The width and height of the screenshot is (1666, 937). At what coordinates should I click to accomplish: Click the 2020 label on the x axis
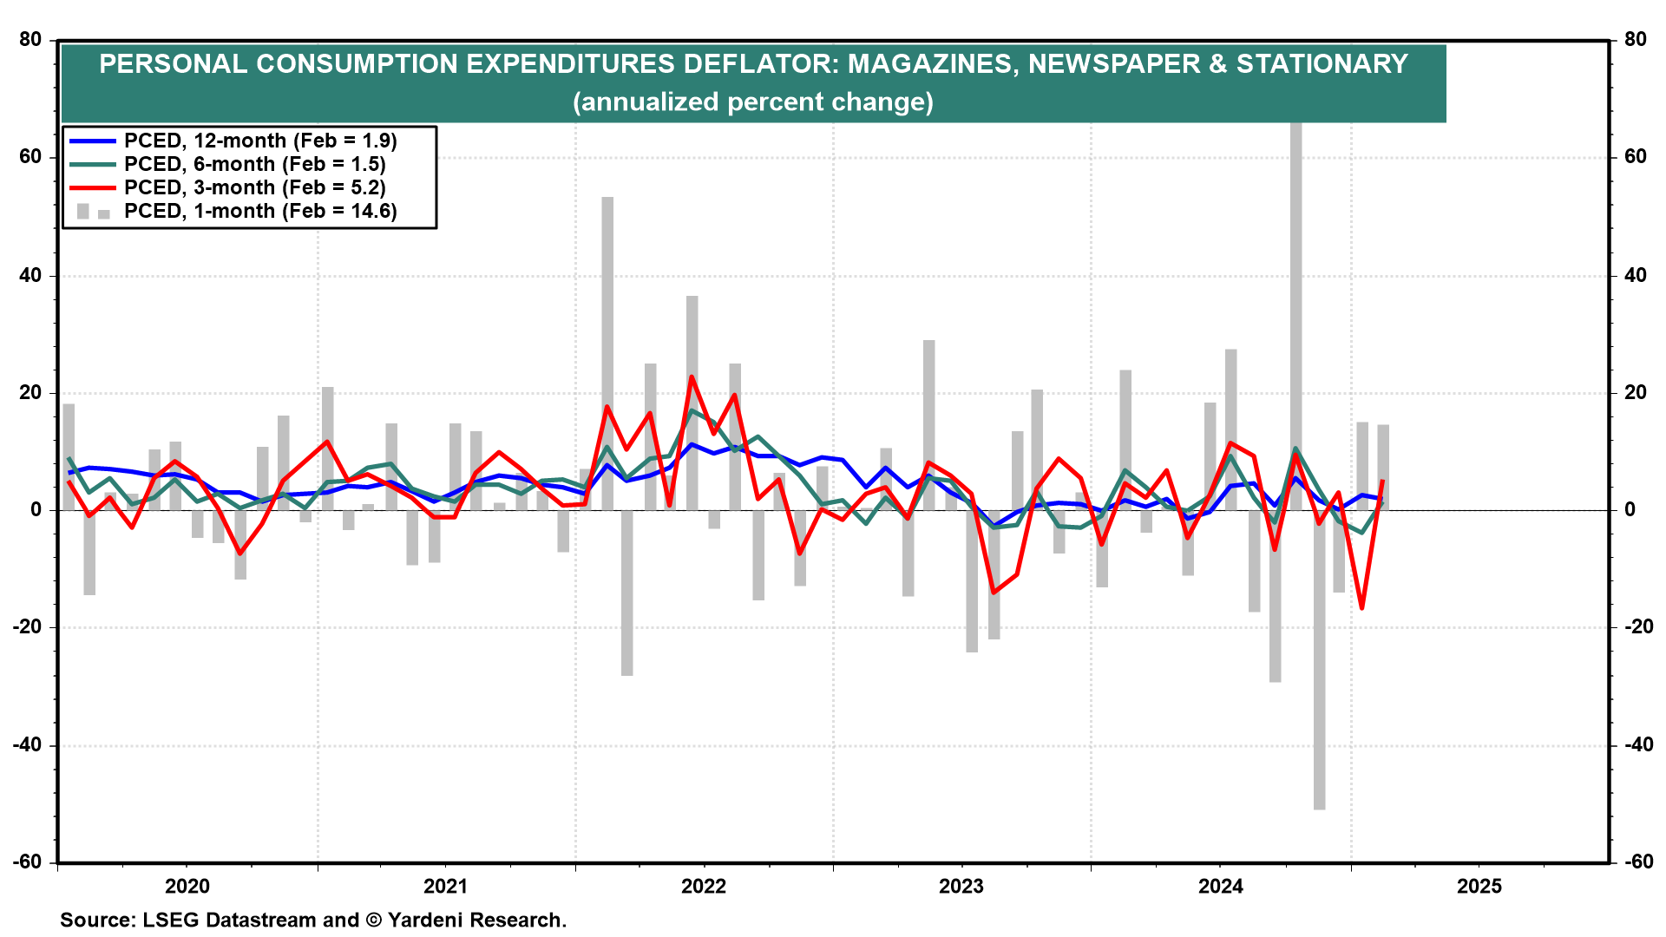click(x=187, y=886)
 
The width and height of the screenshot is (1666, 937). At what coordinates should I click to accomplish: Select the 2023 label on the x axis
click(x=961, y=886)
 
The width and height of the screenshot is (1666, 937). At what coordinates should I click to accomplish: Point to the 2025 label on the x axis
click(x=1479, y=886)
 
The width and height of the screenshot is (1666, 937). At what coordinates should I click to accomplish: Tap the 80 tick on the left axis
click(x=30, y=39)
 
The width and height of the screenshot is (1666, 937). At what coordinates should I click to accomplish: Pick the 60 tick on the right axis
click(x=1635, y=157)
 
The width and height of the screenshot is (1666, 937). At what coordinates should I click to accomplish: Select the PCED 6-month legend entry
click(x=254, y=164)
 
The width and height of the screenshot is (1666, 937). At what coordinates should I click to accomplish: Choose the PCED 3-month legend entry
click(x=254, y=187)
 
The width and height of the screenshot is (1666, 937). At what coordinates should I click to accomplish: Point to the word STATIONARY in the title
click(x=1322, y=63)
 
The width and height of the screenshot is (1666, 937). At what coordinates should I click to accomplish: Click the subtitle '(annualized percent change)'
click(x=753, y=102)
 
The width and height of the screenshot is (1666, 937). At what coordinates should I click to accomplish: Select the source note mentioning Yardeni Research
click(x=313, y=920)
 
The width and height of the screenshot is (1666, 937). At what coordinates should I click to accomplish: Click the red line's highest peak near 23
click(x=692, y=377)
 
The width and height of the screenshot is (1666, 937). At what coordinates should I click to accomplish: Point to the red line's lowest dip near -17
click(x=1362, y=607)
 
